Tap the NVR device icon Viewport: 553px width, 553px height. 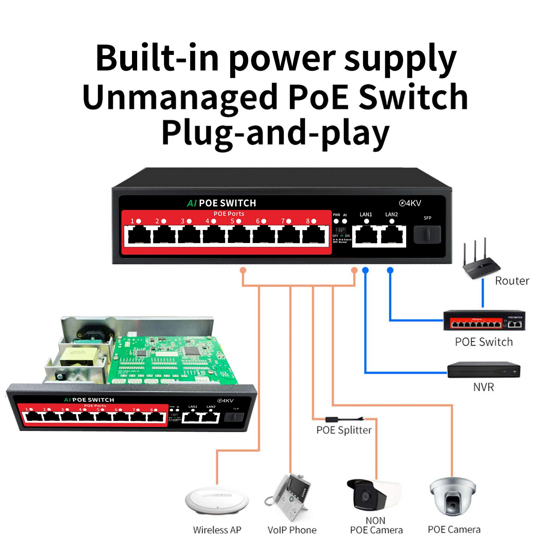coord(483,369)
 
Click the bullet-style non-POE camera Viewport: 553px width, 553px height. coord(372,494)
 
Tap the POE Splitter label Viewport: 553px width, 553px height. coord(344,430)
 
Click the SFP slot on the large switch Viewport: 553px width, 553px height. coord(427,234)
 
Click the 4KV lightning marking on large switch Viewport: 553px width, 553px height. coord(410,203)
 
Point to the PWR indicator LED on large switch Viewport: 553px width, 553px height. coord(336,221)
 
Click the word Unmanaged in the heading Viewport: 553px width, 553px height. coord(180,97)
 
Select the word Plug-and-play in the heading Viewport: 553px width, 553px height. coord(275,133)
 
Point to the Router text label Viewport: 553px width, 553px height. coord(512,281)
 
